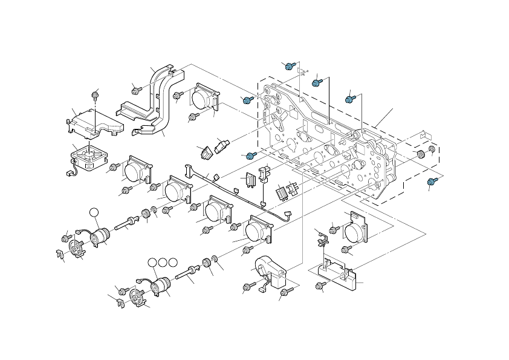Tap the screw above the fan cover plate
(x=95, y=94)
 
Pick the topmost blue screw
(x=290, y=65)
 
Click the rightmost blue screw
(x=431, y=181)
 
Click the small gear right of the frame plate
(x=420, y=155)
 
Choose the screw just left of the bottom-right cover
(x=320, y=286)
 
